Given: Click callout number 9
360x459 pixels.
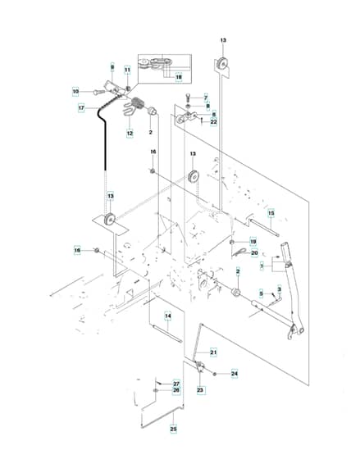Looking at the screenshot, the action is point(112,67).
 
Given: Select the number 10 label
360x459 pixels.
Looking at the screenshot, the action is point(75,91).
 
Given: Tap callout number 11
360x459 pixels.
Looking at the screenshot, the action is point(127,70).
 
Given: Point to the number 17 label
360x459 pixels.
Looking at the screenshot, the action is point(81,108).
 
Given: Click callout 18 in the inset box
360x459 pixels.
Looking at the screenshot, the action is point(179,77).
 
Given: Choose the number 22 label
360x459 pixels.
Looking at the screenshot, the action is point(214,122).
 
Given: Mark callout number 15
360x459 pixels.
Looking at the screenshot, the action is point(271,213).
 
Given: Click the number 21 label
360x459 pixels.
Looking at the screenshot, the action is point(213,352).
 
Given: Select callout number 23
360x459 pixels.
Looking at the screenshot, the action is point(200,390).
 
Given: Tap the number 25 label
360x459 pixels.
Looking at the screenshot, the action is point(173,429).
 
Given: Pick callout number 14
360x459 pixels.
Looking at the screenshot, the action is point(167,316).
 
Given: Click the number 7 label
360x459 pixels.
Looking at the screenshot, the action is point(206,98).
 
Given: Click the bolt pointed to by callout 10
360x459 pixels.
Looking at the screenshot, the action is point(99,92).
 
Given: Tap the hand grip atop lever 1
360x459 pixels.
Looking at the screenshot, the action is point(286,251).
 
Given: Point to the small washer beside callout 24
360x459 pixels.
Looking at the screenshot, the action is point(215,374).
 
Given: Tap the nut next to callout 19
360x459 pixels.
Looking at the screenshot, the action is point(231,242).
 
